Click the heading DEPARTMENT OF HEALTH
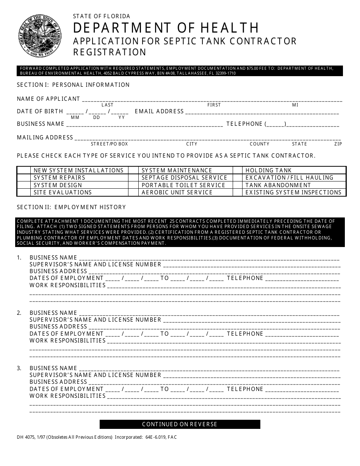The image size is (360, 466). point(166,28)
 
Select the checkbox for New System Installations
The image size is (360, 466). point(23,170)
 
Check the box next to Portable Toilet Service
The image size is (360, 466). point(133,185)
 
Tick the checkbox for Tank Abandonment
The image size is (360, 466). point(238,185)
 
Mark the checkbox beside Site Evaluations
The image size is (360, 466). point(23,192)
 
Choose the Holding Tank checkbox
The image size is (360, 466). point(238,170)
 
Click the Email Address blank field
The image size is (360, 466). point(262,112)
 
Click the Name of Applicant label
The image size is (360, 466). point(49,99)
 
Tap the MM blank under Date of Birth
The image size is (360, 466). point(75,112)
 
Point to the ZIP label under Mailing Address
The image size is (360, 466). point(338,144)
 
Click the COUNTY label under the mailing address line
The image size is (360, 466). point(259,144)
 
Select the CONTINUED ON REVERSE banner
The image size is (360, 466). point(180,424)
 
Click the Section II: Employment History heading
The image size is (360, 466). point(71,207)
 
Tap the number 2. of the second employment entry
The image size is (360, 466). point(19,313)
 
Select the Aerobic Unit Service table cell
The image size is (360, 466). point(177,192)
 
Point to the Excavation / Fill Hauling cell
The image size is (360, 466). point(290,178)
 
